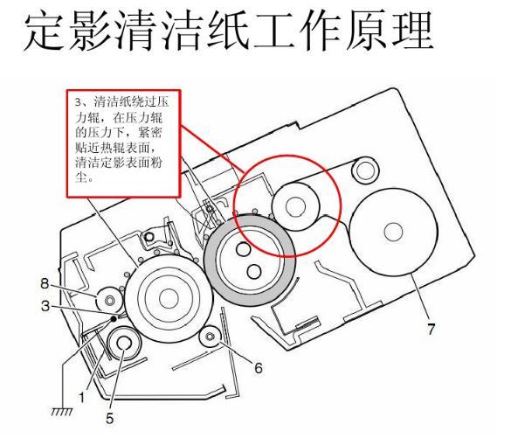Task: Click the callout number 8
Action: (45, 283)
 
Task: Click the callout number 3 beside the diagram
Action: (45, 306)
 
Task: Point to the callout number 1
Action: (82, 398)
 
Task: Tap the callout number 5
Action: (110, 419)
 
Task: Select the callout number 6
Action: (258, 368)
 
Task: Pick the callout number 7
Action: (432, 329)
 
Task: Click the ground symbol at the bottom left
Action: (62, 411)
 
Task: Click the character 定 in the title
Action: (44, 31)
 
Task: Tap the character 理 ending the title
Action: (413, 31)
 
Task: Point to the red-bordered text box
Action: (123, 143)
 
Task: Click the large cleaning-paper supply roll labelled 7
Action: (393, 232)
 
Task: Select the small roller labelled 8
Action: (109, 300)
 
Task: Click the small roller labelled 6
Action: (211, 337)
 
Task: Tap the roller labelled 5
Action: (125, 344)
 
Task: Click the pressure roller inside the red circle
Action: (295, 206)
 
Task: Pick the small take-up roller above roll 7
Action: (365, 170)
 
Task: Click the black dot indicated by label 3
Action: (114, 318)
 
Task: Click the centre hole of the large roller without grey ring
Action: (169, 298)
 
